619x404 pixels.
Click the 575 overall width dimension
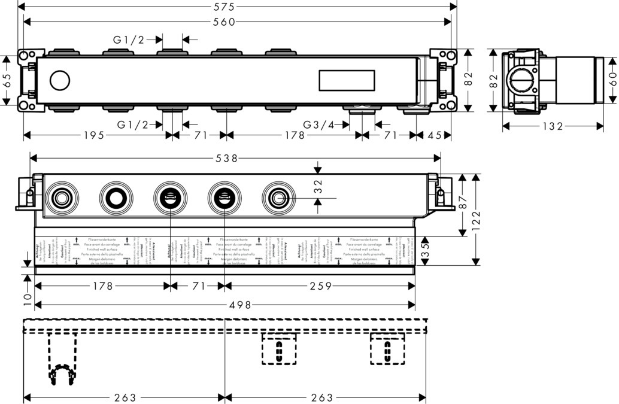[x=238, y=7]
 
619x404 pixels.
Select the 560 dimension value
[x=238, y=22]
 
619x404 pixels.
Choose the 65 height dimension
[x=7, y=80]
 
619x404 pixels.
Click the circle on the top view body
[x=60, y=80]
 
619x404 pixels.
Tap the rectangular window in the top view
[x=347, y=80]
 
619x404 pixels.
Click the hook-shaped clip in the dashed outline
[x=62, y=375]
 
